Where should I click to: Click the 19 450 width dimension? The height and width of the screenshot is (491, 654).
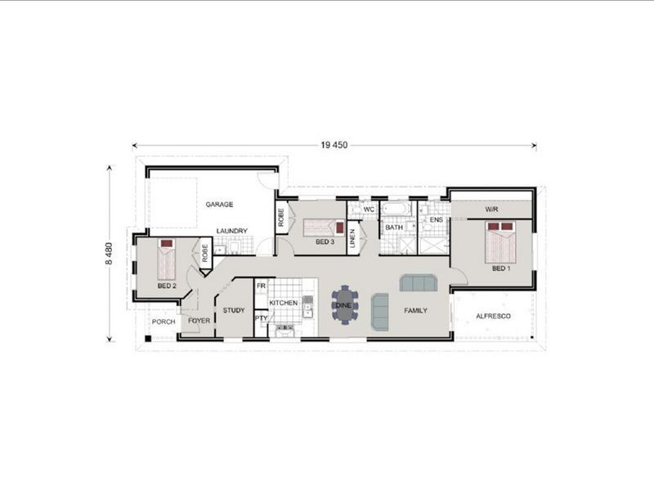334,146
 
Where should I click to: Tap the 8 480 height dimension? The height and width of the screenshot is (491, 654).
109,254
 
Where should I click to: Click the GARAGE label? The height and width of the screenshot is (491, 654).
219,205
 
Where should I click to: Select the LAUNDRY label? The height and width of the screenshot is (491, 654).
232,231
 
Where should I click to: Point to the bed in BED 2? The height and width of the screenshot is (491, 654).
167,259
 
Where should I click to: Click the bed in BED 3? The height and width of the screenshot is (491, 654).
324,228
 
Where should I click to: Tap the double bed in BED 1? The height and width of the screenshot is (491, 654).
500,242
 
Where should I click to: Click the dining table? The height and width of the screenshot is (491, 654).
344,305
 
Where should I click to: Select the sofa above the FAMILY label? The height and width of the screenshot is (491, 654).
419,282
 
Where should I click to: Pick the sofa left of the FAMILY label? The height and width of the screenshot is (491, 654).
380,310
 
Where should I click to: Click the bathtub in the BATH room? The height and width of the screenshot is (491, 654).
394,209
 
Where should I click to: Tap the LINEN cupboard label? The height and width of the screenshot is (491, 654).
352,238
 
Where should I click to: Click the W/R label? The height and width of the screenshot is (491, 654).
492,209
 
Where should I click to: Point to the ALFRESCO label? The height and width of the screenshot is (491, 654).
494,317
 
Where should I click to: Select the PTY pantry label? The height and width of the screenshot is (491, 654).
261,318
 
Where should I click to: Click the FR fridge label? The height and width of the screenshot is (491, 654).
261,286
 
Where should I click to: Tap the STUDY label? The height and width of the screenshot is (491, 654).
234,310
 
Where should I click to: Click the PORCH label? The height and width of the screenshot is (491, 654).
163,322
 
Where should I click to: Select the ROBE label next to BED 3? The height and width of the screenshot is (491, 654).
280,218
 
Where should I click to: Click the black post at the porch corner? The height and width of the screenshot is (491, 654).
148,339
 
